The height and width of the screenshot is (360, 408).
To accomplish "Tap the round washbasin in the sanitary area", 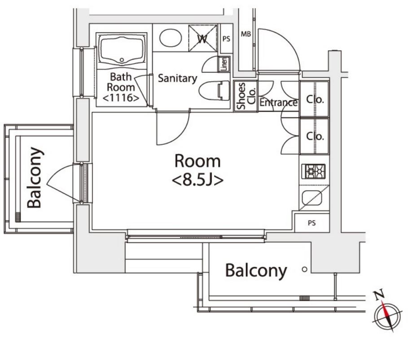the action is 171,38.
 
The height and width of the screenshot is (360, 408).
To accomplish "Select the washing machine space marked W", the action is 203,38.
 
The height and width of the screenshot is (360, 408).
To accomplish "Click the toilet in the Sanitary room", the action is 214,91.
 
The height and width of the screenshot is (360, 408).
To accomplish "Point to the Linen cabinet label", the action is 224,64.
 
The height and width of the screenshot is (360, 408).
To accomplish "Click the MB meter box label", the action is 246,34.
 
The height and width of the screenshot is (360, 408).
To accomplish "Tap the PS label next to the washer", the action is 226,39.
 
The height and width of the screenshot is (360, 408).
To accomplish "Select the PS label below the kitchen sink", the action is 312,223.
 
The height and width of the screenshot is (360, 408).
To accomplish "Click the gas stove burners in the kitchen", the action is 314,171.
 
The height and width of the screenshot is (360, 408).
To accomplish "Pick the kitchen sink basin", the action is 312,198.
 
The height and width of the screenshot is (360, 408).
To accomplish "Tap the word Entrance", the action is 278,102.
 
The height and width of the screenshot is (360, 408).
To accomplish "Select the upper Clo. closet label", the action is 315,99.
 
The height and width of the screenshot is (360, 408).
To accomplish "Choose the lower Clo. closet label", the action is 315,136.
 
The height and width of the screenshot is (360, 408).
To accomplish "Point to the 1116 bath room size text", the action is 121,98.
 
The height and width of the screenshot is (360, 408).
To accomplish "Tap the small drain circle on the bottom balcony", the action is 304,269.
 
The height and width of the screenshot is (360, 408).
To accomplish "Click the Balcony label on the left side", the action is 35,178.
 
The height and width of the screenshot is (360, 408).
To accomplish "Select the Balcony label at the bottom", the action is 256,271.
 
